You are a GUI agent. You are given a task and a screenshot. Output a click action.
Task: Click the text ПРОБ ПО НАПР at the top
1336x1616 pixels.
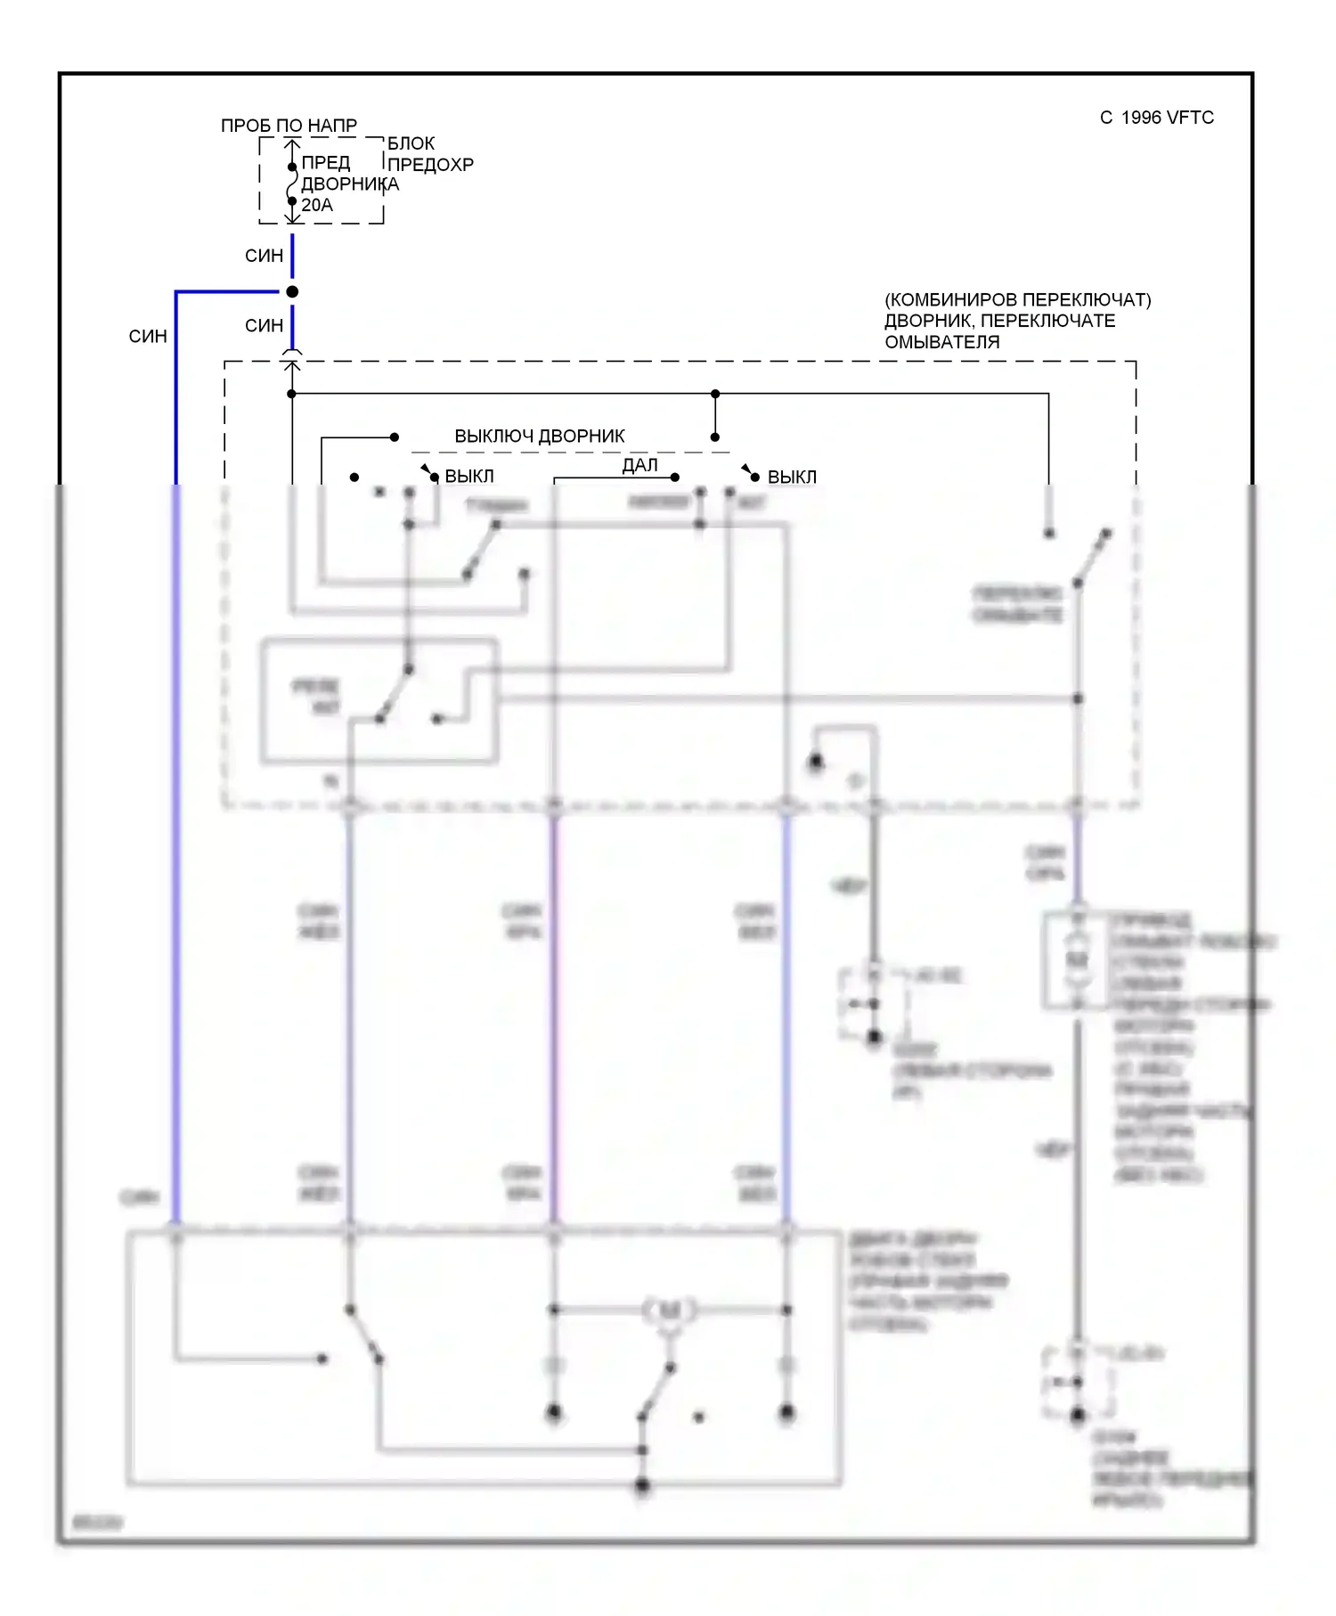[289, 126]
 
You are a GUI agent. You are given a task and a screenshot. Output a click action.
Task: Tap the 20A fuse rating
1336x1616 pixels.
[317, 205]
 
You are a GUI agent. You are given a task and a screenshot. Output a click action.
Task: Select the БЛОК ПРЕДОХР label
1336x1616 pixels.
[429, 154]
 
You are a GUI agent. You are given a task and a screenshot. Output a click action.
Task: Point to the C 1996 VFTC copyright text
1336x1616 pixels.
[1156, 118]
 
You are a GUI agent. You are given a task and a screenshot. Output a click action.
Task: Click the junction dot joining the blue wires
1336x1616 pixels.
[292, 292]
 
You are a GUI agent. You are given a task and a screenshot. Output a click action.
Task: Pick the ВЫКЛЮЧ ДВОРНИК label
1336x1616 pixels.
[539, 437]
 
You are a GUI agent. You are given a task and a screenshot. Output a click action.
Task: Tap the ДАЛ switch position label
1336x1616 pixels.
[639, 465]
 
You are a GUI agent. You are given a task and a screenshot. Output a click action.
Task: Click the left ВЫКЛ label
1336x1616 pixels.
[468, 477]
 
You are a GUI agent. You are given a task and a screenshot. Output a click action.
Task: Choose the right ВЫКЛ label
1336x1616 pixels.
[791, 477]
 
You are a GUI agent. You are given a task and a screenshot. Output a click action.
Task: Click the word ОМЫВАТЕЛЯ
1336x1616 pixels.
[941, 342]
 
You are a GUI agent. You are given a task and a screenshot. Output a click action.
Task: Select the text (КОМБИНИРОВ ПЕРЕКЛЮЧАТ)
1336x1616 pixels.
[1017, 300]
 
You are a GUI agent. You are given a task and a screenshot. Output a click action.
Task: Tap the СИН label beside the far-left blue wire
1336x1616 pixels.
[148, 337]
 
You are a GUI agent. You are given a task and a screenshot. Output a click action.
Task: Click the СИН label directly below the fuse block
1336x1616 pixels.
[264, 257]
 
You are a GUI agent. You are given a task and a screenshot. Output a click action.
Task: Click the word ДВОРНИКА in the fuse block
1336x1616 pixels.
[349, 184]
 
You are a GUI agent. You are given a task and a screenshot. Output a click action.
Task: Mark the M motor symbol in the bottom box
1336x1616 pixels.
[668, 1310]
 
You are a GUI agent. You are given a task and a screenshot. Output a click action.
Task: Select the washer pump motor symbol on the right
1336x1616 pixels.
[1078, 960]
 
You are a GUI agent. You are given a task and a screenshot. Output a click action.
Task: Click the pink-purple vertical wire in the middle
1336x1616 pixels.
[554, 1016]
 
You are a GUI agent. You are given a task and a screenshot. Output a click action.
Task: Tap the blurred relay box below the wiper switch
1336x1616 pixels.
[379, 700]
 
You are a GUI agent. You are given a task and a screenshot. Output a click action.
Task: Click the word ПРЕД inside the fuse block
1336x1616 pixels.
[325, 163]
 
